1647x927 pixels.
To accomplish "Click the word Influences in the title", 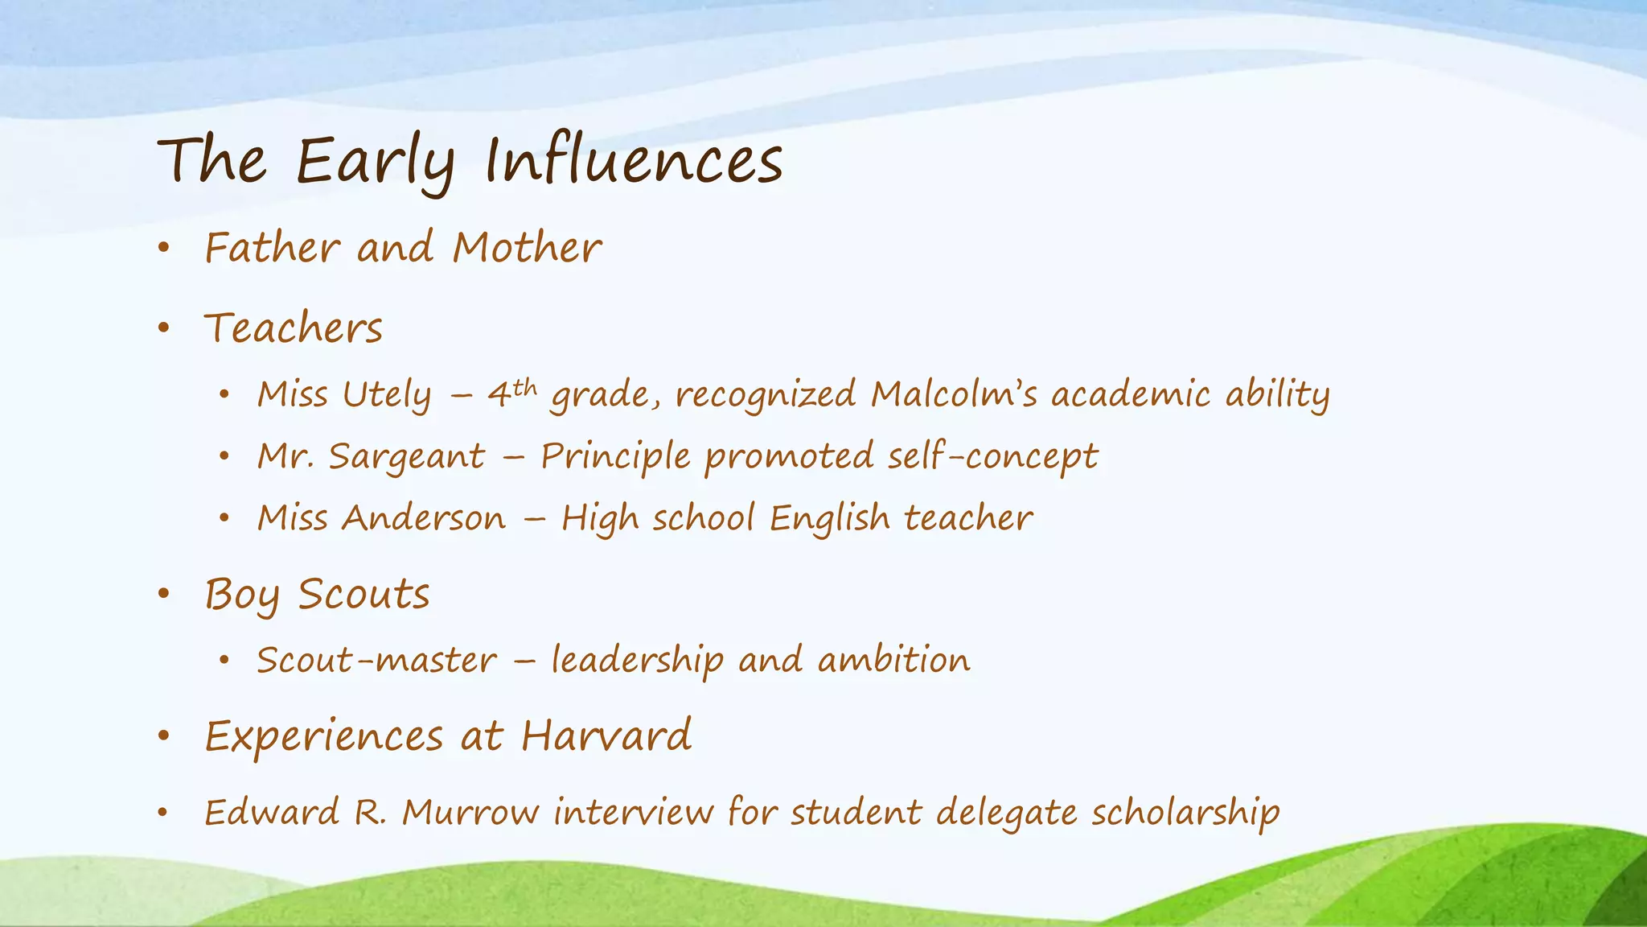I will pyautogui.click(x=634, y=160).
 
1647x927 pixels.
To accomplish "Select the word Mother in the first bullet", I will pyautogui.click(x=527, y=247).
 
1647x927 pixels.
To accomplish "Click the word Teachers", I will pyautogui.click(x=294, y=328).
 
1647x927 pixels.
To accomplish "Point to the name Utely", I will pyautogui.click(x=387, y=395).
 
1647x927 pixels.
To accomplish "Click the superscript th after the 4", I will pyautogui.click(x=524, y=389).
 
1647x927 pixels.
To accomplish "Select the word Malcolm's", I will pyautogui.click(x=953, y=394).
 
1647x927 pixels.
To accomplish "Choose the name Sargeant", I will pyautogui.click(x=407, y=457).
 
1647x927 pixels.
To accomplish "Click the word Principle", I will pyautogui.click(x=615, y=457).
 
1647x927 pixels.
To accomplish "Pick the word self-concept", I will pyautogui.click(x=992, y=456).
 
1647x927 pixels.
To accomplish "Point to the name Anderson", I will pyautogui.click(x=424, y=518).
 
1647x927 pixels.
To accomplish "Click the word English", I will pyautogui.click(x=829, y=518).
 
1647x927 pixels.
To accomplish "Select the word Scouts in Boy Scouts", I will pyautogui.click(x=363, y=595).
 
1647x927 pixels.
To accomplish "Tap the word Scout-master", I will pyautogui.click(x=376, y=661).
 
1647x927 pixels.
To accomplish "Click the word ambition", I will pyautogui.click(x=893, y=661).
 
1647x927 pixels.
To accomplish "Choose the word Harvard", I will pyautogui.click(x=606, y=735).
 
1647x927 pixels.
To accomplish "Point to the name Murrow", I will pyautogui.click(x=470, y=812).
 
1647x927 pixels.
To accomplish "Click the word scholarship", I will pyautogui.click(x=1185, y=813).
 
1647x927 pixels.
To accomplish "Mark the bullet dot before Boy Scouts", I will pyautogui.click(x=164, y=595).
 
